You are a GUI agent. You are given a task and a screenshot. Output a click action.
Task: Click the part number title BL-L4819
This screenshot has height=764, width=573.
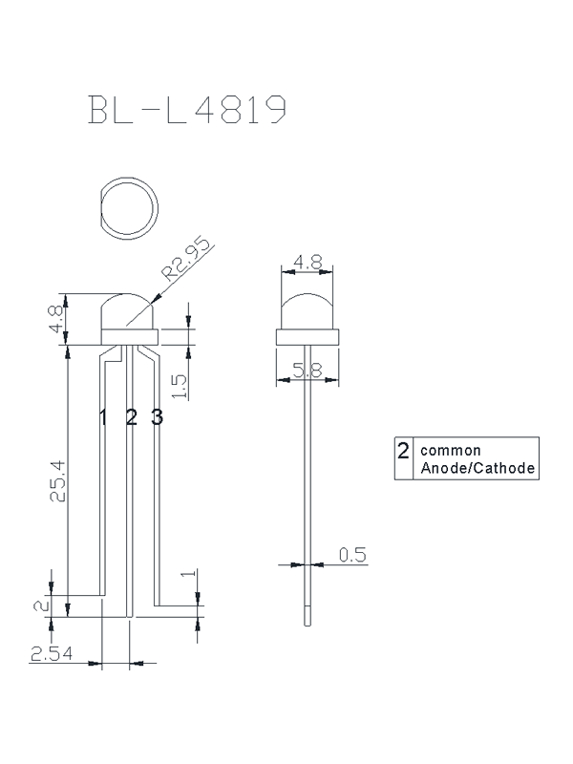point(187,110)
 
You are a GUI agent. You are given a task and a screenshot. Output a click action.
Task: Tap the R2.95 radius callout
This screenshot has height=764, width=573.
point(187,259)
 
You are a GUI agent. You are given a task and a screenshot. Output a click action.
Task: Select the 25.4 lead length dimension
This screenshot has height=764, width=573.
point(57,481)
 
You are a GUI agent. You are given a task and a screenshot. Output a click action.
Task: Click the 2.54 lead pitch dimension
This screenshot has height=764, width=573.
point(52,653)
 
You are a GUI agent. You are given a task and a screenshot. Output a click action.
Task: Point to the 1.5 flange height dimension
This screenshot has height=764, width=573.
point(180,387)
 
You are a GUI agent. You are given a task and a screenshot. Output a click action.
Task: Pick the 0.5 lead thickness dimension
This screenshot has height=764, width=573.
point(352,555)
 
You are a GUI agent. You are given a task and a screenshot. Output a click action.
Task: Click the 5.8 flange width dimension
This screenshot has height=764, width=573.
point(308,371)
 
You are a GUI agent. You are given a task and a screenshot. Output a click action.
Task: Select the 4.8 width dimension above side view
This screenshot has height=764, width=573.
point(308,263)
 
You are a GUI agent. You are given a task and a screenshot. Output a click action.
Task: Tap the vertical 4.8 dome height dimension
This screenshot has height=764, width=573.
point(56,319)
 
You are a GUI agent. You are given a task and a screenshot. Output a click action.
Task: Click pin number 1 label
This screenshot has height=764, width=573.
point(103,417)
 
